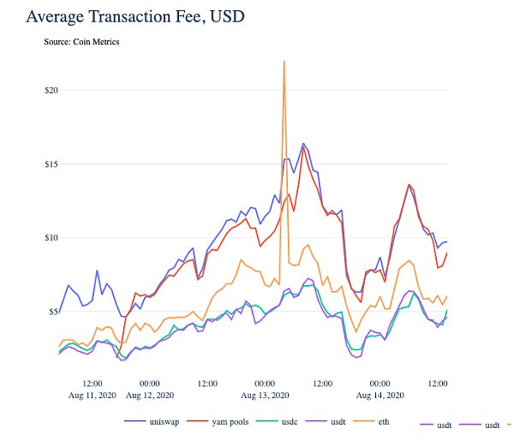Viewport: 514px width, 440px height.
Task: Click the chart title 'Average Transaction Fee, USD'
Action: tap(135, 17)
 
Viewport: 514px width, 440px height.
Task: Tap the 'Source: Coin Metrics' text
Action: tap(81, 42)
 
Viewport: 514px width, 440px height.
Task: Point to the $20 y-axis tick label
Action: tap(51, 90)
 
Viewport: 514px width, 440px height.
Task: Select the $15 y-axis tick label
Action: tap(51, 164)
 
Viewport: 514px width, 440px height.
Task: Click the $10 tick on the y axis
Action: tap(51, 237)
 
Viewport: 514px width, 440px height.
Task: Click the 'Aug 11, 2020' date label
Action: tap(93, 395)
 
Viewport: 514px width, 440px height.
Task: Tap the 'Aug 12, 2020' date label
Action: tap(150, 395)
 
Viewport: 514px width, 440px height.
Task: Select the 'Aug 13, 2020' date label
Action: tap(265, 395)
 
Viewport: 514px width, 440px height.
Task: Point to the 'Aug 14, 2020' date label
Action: tap(380, 395)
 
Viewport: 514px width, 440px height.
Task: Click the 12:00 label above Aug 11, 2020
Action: tap(93, 384)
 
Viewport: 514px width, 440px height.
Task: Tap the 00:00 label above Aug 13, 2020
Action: tap(265, 384)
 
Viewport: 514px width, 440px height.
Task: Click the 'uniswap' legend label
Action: tap(164, 422)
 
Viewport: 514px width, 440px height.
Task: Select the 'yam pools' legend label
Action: tap(230, 422)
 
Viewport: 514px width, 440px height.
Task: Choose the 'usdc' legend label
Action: tap(290, 422)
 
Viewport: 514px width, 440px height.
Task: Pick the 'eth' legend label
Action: tap(384, 422)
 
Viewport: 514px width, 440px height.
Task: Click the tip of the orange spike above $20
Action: tap(284, 61)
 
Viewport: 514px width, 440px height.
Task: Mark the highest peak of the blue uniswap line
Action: tap(303, 143)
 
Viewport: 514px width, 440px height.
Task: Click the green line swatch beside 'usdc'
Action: tap(266, 421)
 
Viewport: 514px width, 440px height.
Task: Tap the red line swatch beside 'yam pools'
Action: tap(197, 421)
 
